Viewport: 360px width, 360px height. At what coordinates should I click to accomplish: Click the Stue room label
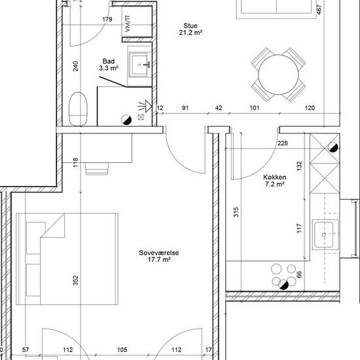[x=190, y=29]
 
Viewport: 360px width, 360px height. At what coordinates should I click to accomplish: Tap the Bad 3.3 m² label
[x=109, y=65]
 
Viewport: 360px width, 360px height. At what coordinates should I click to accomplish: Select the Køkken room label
[x=275, y=181]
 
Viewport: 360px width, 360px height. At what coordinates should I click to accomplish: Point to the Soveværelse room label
[x=159, y=256]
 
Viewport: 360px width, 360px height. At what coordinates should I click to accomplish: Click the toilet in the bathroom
[x=79, y=109]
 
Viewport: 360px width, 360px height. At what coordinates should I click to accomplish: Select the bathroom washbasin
[x=139, y=65]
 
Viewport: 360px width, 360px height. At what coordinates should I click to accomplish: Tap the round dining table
[x=278, y=75]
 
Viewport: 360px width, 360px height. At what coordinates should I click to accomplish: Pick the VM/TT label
[x=128, y=24]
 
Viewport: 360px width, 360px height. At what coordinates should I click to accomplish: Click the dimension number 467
[x=319, y=10]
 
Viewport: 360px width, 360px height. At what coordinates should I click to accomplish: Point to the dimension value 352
[x=75, y=280]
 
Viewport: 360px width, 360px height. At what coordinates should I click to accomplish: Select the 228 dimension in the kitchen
[x=282, y=143]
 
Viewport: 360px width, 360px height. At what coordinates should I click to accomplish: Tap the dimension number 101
[x=254, y=108]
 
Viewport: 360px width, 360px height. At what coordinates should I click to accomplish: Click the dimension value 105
[x=122, y=350]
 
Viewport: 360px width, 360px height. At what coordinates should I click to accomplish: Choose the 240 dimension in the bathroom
[x=75, y=66]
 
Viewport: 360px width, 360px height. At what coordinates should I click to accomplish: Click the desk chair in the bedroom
[x=97, y=169]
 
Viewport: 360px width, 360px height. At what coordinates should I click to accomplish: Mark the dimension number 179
[x=107, y=19]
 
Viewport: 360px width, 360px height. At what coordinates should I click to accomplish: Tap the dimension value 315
[x=236, y=212]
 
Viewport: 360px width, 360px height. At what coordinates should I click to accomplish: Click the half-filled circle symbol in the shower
[x=126, y=120]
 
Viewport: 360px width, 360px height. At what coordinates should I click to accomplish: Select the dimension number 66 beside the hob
[x=299, y=274]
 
